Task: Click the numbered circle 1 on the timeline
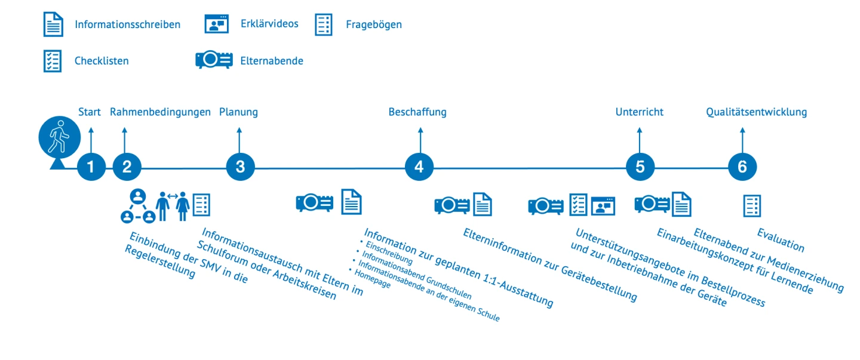(x=91, y=168)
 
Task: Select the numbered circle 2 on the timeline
(x=127, y=168)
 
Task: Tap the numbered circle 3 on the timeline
(x=240, y=168)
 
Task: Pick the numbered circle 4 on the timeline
(x=419, y=168)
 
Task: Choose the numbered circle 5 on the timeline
(x=640, y=168)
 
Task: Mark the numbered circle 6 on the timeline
(x=742, y=168)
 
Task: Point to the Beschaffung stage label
(x=417, y=112)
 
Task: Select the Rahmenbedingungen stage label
(x=160, y=112)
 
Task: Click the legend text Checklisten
(x=102, y=61)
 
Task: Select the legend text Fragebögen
(x=374, y=25)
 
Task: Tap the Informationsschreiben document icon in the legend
(x=53, y=24)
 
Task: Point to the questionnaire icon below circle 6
(x=752, y=205)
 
